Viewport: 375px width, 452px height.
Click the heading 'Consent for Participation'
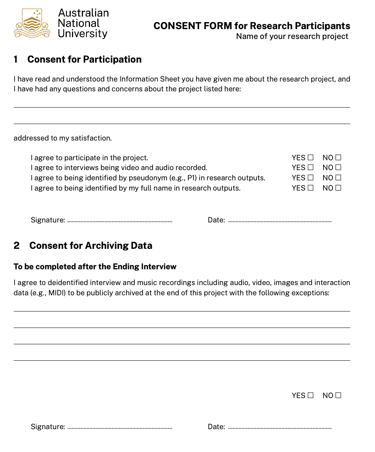point(84,59)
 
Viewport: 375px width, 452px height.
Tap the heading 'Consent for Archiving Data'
point(90,246)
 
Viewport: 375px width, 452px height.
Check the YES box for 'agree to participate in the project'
point(311,157)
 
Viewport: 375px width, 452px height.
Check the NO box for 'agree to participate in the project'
point(338,157)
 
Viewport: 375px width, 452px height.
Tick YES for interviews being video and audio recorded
point(311,168)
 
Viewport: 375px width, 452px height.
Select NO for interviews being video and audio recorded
point(338,168)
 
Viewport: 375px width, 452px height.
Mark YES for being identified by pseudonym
point(311,178)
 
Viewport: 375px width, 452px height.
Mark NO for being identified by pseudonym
point(338,178)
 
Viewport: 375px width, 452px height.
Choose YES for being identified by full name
point(311,188)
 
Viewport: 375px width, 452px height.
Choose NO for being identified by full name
point(338,188)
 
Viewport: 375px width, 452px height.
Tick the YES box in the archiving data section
point(311,395)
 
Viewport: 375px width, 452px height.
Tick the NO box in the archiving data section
point(338,395)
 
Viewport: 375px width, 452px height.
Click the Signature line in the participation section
point(120,221)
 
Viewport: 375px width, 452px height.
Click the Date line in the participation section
point(280,221)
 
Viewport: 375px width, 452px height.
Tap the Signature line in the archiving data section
point(120,427)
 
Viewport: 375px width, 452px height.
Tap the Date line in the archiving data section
point(280,427)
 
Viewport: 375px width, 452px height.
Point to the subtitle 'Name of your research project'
point(292,37)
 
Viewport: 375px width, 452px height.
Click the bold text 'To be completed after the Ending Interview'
point(95,267)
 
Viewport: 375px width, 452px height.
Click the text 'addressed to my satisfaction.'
point(63,138)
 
